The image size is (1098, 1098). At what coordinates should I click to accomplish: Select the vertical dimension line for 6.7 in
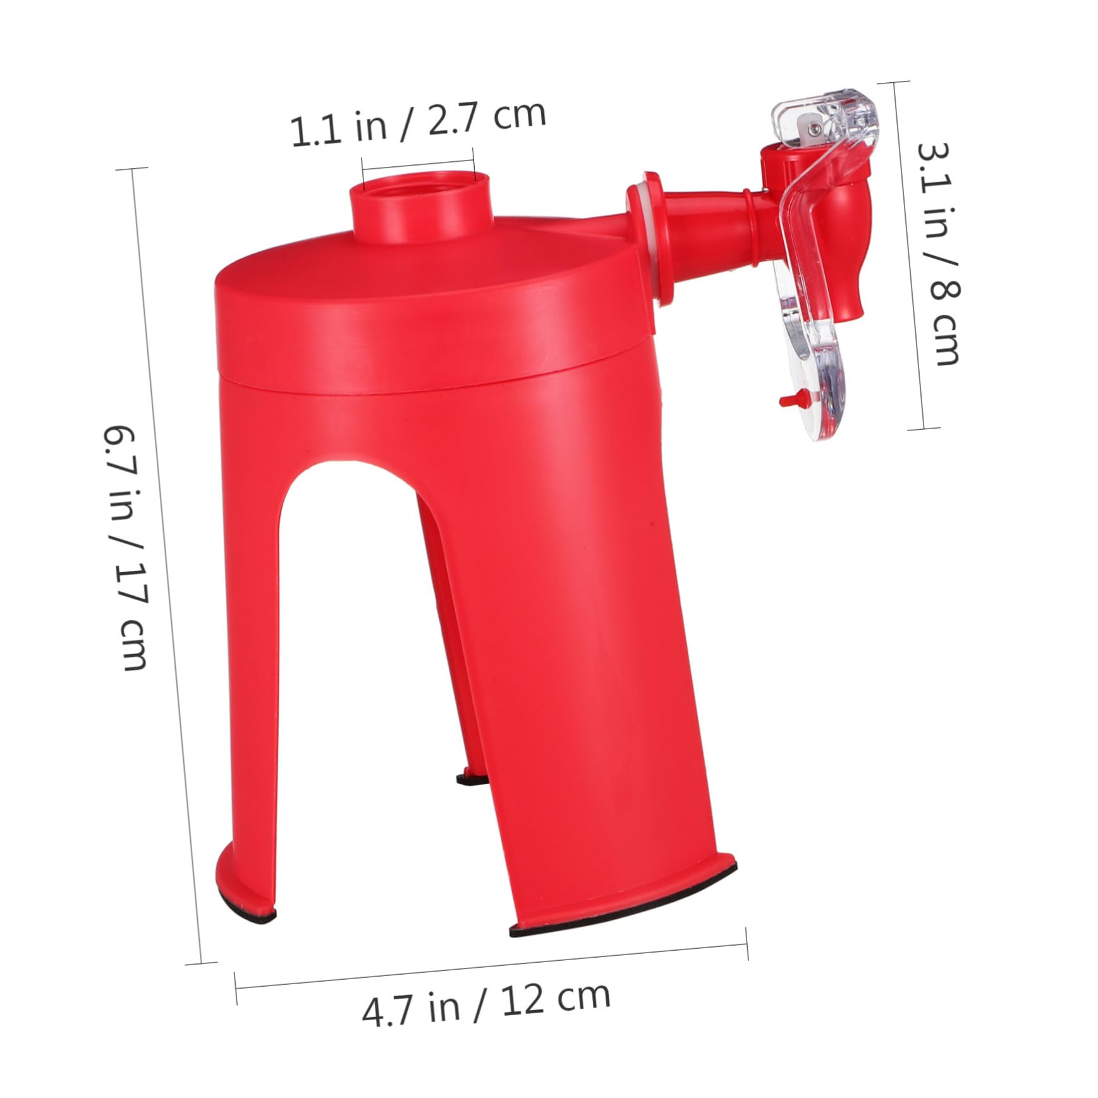click(x=168, y=569)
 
